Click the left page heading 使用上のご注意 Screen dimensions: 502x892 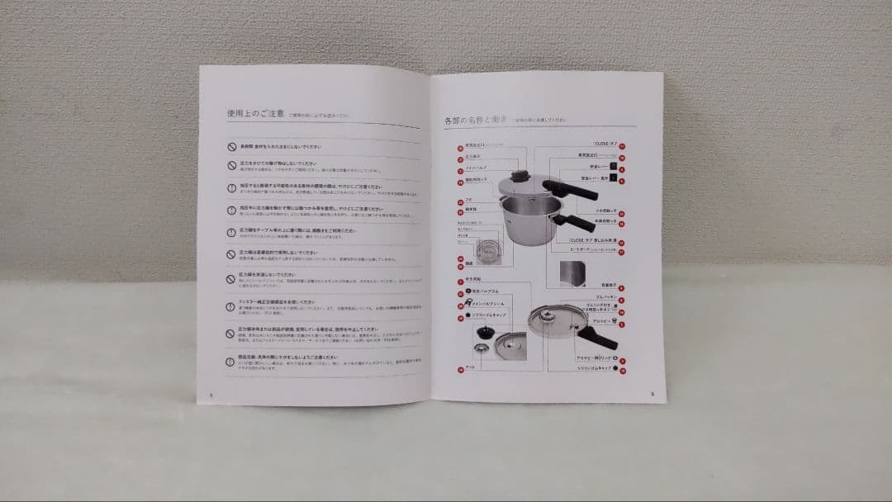point(257,114)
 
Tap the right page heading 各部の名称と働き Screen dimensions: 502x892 point(476,120)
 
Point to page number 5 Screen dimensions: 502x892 point(212,395)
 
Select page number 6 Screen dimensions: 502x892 point(652,393)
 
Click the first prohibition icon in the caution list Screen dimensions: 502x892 point(232,146)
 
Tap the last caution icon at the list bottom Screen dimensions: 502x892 point(231,362)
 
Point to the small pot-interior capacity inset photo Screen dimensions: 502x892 point(573,272)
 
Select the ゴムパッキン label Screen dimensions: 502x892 point(605,296)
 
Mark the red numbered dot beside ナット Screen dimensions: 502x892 point(460,368)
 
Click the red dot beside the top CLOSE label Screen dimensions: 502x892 point(622,144)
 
